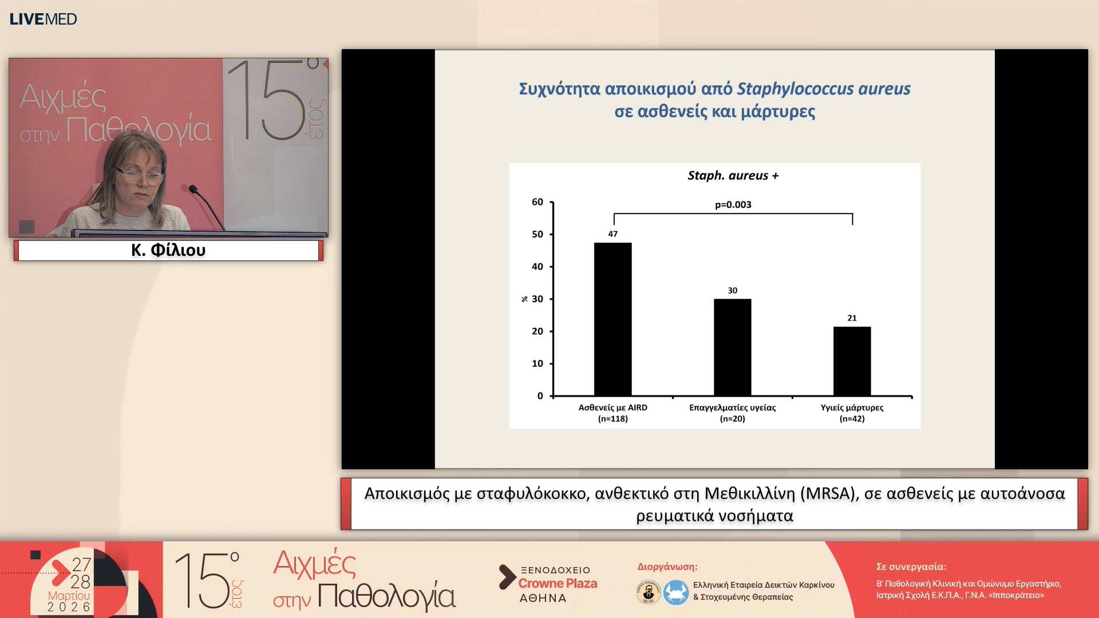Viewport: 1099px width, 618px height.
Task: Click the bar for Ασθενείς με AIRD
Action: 612,319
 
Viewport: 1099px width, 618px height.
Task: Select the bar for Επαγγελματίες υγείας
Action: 732,347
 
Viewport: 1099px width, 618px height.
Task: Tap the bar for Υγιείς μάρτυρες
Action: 852,361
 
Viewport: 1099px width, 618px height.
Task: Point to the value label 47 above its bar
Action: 612,234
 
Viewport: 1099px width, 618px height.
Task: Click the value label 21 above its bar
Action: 852,318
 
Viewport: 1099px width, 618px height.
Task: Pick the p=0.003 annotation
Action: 733,205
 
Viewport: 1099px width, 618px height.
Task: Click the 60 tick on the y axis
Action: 537,202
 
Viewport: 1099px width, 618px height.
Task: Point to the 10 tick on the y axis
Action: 537,363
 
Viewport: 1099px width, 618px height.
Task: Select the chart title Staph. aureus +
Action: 733,176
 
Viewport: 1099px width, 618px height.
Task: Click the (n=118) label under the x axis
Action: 612,419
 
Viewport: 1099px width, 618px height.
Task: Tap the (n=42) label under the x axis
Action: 852,419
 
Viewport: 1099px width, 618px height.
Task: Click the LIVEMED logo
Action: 43,19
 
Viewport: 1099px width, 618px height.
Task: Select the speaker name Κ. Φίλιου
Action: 168,250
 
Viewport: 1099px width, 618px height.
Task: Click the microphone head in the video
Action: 193,188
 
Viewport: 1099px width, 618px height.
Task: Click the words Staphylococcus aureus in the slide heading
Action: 823,89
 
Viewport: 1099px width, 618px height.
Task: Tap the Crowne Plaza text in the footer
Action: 558,584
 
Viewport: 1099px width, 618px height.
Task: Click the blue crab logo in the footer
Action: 676,592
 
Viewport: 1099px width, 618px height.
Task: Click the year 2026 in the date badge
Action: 69,607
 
